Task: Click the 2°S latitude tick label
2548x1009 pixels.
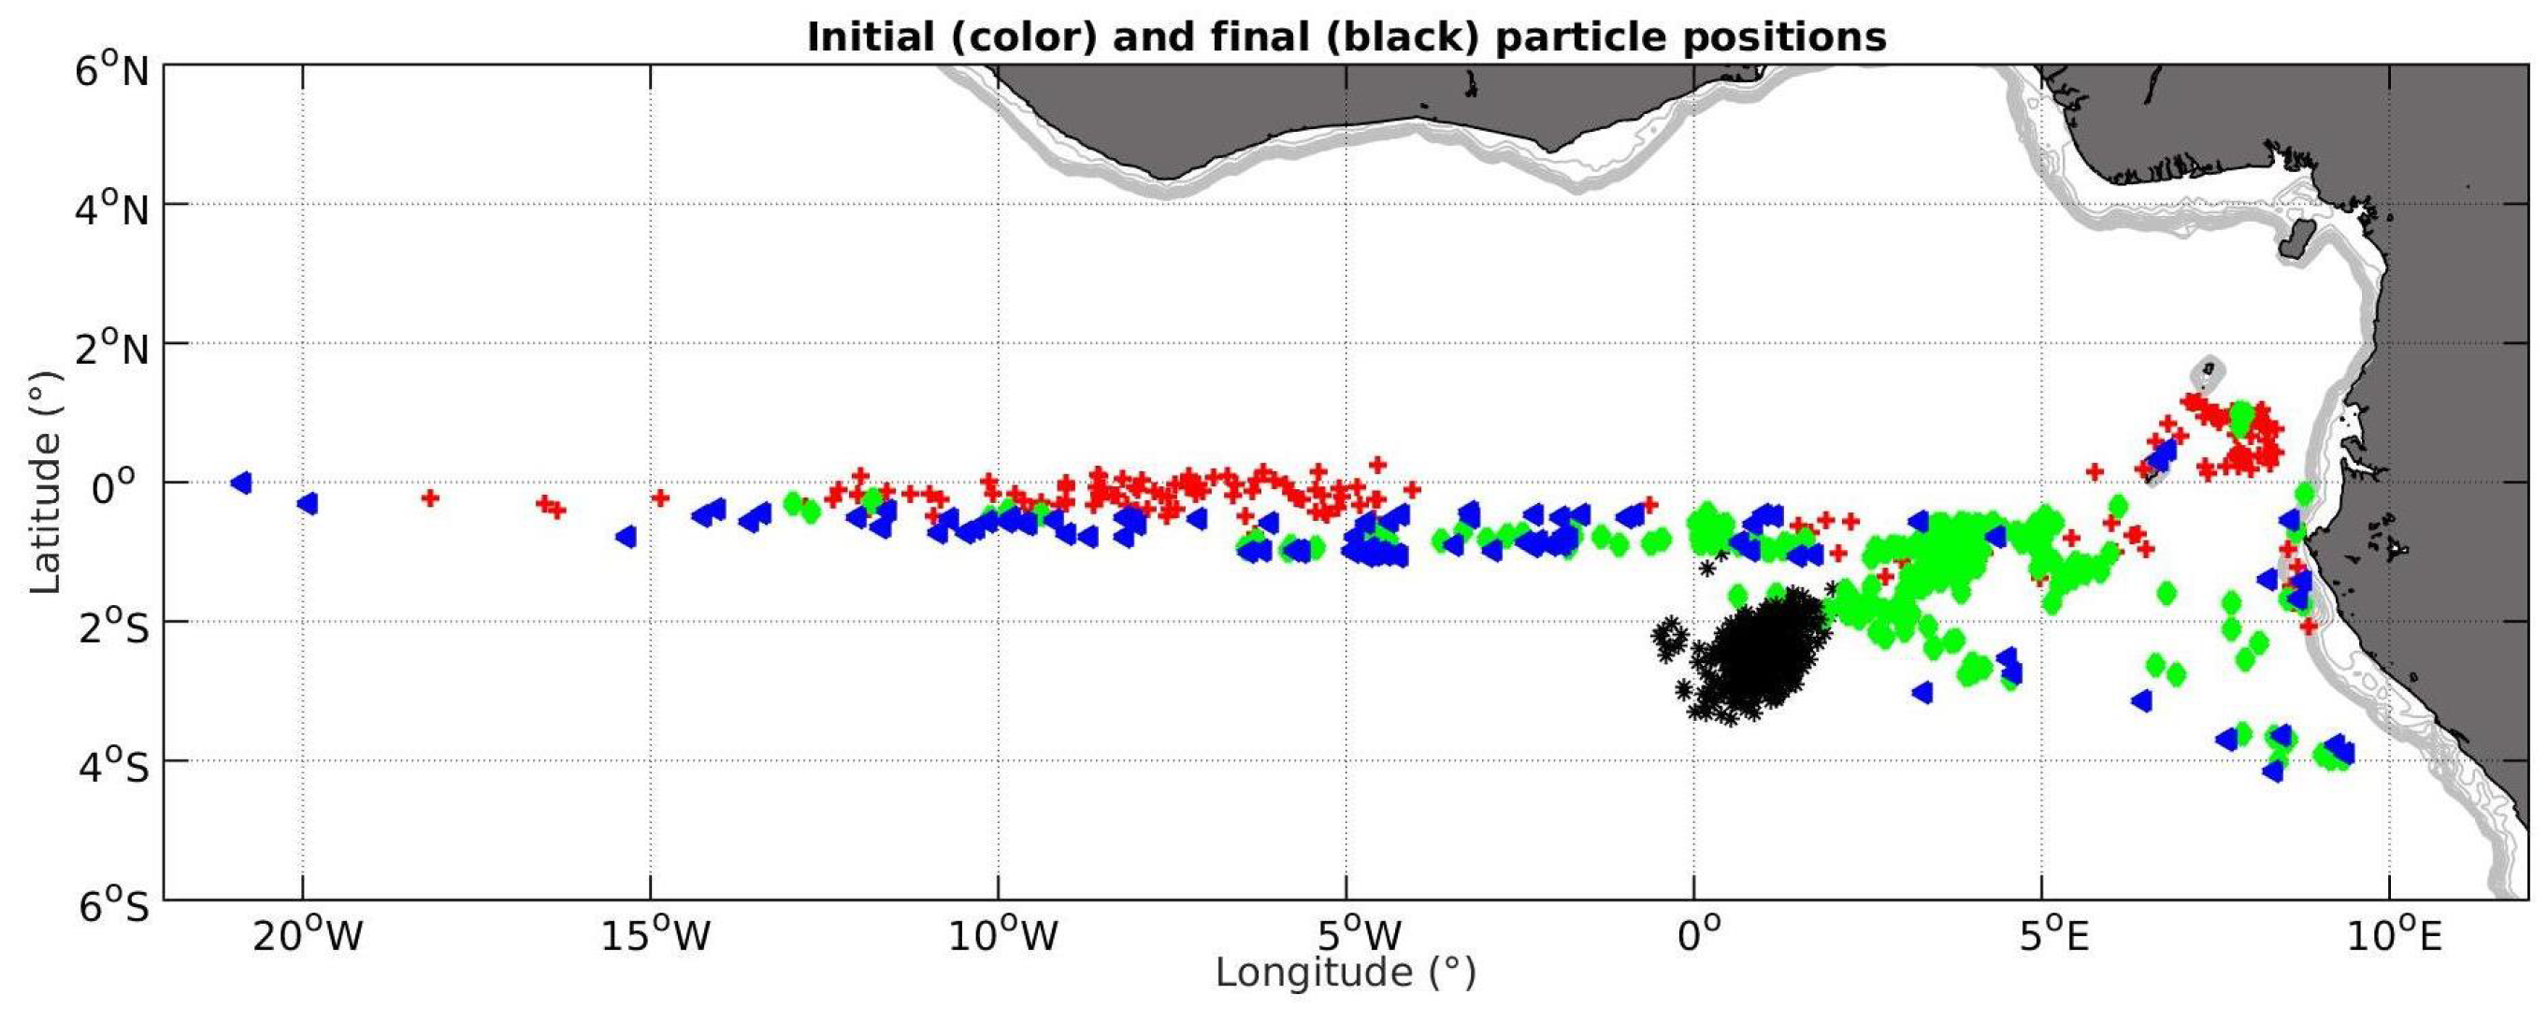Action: (x=113, y=627)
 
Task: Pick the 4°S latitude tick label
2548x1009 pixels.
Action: (x=113, y=767)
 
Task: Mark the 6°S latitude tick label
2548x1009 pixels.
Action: (x=113, y=905)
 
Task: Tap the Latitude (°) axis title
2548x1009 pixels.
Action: (x=46, y=483)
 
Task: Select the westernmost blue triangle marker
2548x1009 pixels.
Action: (x=240, y=483)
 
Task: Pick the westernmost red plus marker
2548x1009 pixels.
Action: (x=429, y=497)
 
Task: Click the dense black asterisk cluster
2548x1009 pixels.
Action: (x=1756, y=657)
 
